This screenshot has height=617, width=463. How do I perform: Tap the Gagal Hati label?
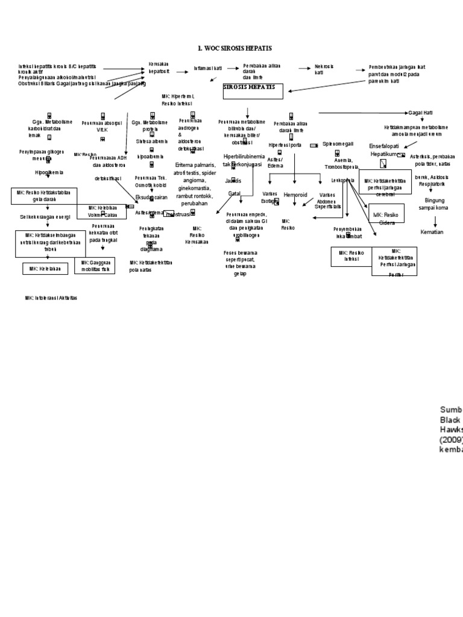pyautogui.click(x=420, y=113)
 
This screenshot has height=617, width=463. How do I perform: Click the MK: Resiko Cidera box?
pyautogui.click(x=388, y=218)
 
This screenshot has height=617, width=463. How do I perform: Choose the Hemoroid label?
pyautogui.click(x=295, y=195)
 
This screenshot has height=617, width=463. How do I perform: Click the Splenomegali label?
pyautogui.click(x=338, y=145)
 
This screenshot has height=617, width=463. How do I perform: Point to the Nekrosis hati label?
pyautogui.click(x=324, y=69)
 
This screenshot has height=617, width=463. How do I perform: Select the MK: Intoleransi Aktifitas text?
pyautogui.click(x=51, y=298)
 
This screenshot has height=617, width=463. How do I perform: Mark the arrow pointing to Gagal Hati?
pyautogui.click(x=362, y=113)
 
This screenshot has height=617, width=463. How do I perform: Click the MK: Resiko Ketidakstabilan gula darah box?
pyautogui.click(x=44, y=196)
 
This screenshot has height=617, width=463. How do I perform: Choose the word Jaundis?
pyautogui.click(x=233, y=180)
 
